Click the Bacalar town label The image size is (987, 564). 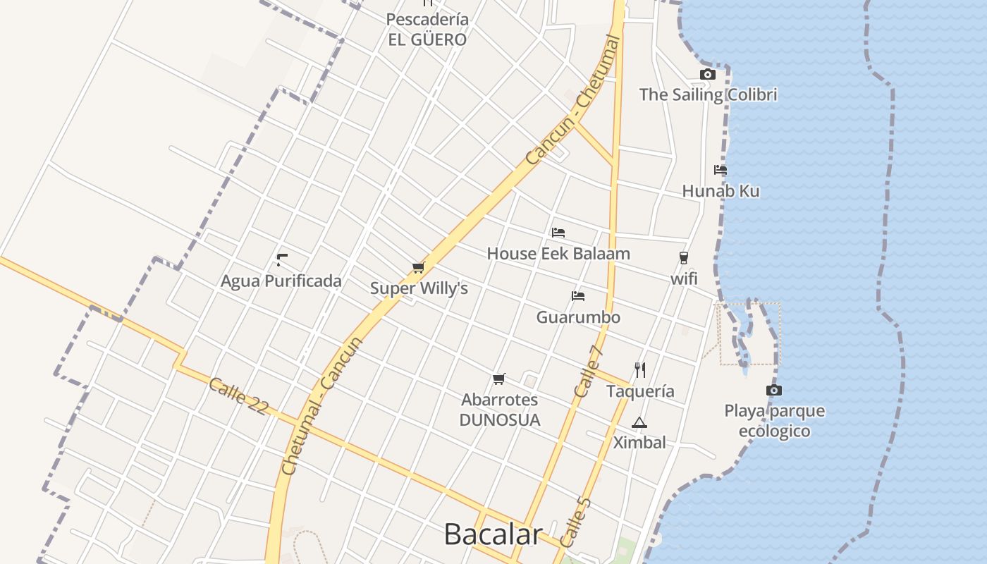pyautogui.click(x=493, y=534)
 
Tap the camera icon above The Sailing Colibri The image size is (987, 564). pyautogui.click(x=708, y=74)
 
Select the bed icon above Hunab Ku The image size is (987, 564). pyautogui.click(x=720, y=170)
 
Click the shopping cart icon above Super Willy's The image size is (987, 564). pyautogui.click(x=419, y=268)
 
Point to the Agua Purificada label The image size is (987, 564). pyautogui.click(x=281, y=281)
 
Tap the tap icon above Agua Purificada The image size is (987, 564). pyautogui.click(x=282, y=259)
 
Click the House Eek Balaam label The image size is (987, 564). pyautogui.click(x=558, y=254)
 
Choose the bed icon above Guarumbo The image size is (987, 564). pyautogui.click(x=578, y=296)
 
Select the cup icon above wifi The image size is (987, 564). pyautogui.click(x=683, y=258)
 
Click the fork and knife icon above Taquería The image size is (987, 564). pyautogui.click(x=640, y=369)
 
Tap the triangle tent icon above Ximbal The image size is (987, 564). pyautogui.click(x=639, y=423)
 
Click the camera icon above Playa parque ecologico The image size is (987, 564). pyautogui.click(x=774, y=390)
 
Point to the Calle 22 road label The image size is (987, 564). pyautogui.click(x=238, y=396)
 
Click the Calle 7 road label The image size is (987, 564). pyautogui.click(x=589, y=371)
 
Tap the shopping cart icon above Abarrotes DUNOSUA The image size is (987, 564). pyautogui.click(x=499, y=379)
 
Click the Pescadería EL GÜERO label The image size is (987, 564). pyautogui.click(x=427, y=30)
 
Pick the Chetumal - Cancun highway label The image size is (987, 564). pyautogui.click(x=321, y=406)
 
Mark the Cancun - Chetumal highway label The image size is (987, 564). pyautogui.click(x=574, y=101)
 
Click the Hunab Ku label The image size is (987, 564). pyautogui.click(x=721, y=191)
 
